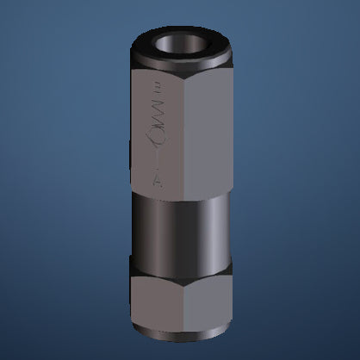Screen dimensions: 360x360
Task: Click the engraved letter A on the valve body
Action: point(155,180)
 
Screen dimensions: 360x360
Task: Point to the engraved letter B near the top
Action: point(155,87)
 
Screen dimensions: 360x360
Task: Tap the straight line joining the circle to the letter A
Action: point(155,160)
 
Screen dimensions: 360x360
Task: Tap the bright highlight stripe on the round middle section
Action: point(159,228)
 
